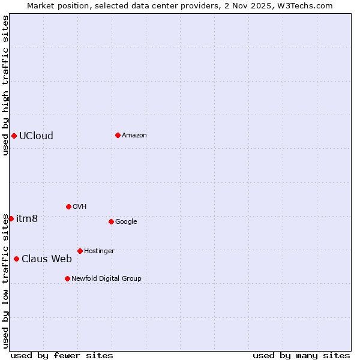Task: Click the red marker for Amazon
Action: point(118,135)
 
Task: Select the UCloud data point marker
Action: point(14,136)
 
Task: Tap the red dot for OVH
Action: point(68,206)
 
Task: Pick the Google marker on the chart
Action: point(111,221)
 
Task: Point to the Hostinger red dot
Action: point(80,251)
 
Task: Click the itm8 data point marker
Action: point(11,218)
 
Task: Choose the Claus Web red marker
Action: point(16,259)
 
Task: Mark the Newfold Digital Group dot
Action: point(67,278)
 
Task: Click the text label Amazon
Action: point(134,135)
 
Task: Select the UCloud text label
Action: point(36,136)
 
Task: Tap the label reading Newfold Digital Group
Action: point(106,278)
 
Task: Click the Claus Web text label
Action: point(47,259)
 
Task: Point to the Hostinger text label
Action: point(99,251)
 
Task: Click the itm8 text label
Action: point(27,218)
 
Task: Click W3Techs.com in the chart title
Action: point(308,5)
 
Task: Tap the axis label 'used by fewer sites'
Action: point(62,355)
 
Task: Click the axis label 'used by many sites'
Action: point(301,355)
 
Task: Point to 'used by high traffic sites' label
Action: point(5,85)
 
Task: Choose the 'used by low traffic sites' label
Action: point(5,280)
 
